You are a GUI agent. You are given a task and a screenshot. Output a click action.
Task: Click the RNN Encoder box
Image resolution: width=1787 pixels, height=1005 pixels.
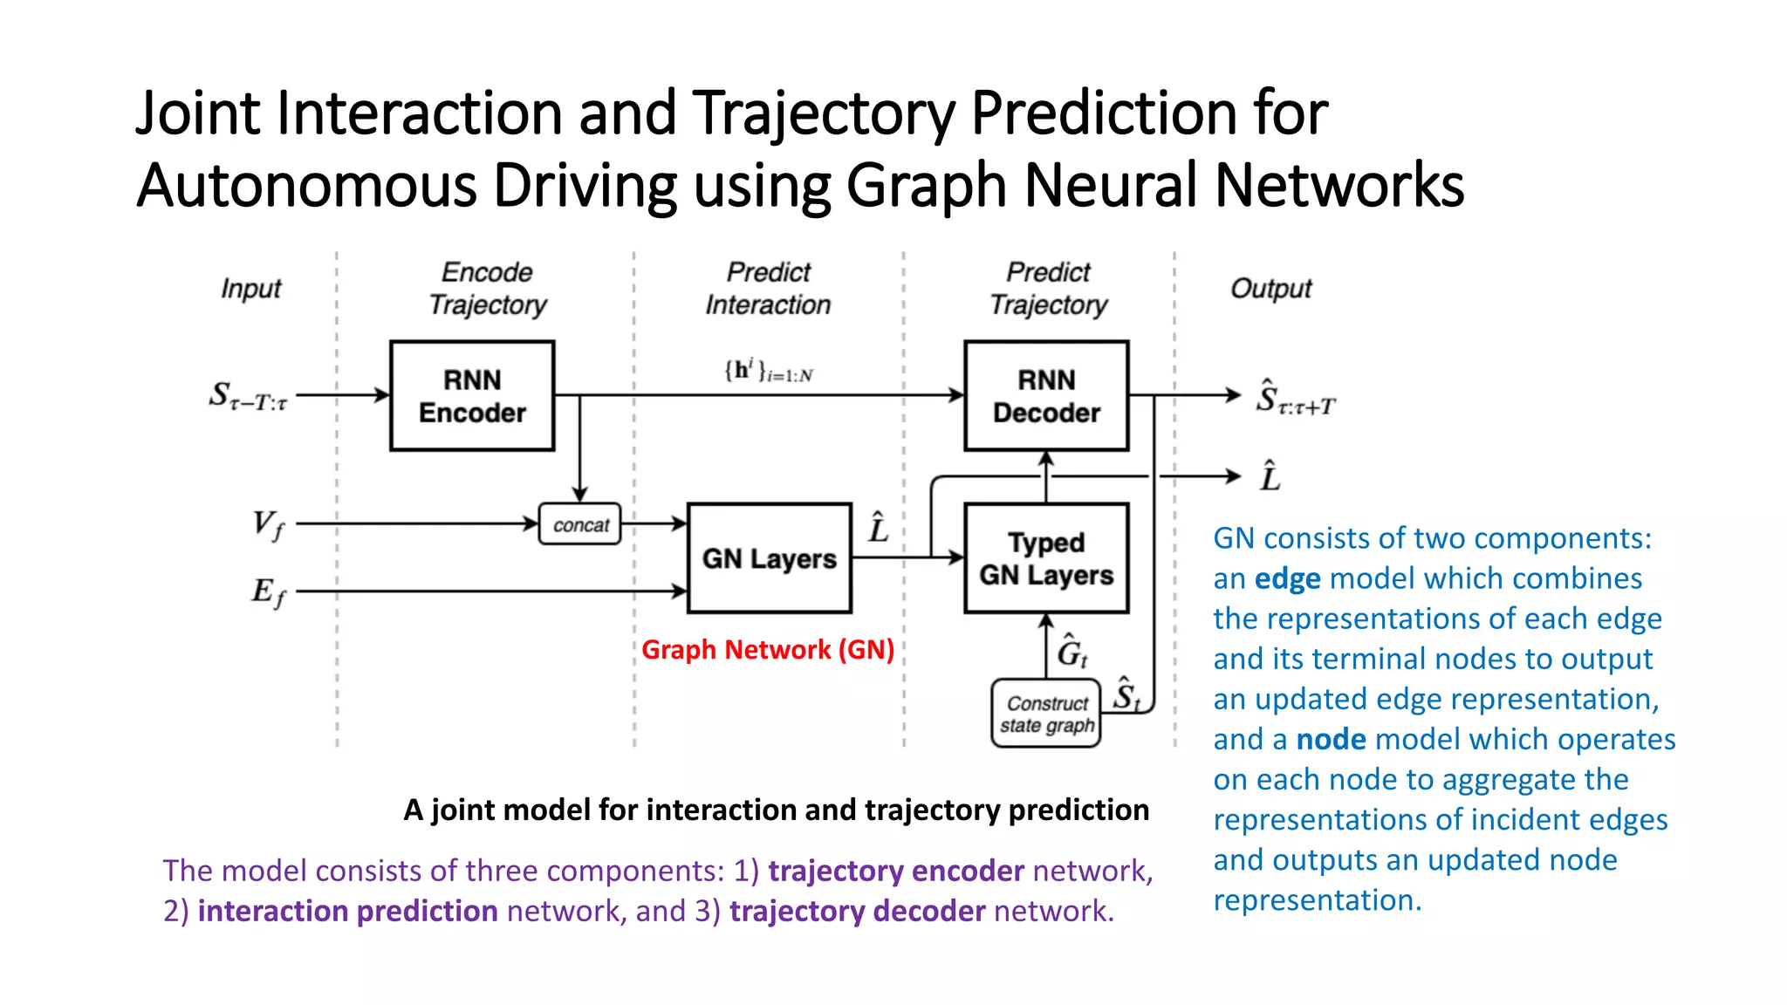[x=472, y=396]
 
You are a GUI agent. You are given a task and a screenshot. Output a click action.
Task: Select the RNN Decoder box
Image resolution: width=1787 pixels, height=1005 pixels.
[x=1046, y=396]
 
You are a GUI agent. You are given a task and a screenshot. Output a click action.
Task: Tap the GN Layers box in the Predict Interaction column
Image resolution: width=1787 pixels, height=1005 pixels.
[x=769, y=558]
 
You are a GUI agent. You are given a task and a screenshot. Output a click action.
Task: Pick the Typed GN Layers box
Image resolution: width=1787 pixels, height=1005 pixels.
[x=1046, y=558]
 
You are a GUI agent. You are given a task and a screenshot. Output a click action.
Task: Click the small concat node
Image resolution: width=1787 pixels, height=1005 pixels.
[x=580, y=524]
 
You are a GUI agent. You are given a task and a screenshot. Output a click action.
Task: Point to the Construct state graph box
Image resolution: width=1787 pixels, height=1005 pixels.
[x=1046, y=714]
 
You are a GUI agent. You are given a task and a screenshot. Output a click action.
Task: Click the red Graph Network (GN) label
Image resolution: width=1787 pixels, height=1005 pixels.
[x=768, y=650]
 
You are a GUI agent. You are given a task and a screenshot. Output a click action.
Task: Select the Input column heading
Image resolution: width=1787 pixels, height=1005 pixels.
[x=250, y=289]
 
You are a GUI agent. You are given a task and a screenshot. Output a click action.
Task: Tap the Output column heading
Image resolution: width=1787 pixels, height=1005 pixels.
[x=1270, y=289]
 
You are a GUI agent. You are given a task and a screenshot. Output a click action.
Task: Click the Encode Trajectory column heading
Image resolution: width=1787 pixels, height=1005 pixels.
[x=488, y=289]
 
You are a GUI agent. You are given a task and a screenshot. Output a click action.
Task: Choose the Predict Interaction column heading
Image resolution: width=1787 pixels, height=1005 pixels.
[x=768, y=289]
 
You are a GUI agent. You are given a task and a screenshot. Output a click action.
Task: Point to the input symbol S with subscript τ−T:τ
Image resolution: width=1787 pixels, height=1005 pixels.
[x=248, y=396]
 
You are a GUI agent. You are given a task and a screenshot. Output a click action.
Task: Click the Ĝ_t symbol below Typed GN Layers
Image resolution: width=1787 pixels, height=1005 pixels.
[x=1072, y=652]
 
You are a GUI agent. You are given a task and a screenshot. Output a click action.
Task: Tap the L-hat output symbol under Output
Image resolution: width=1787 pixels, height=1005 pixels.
[x=1270, y=476]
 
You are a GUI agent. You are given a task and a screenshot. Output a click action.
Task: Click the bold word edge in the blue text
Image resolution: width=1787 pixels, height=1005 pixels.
[x=1287, y=578]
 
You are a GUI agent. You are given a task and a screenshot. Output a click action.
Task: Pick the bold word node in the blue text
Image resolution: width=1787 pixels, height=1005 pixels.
[x=1331, y=740]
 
